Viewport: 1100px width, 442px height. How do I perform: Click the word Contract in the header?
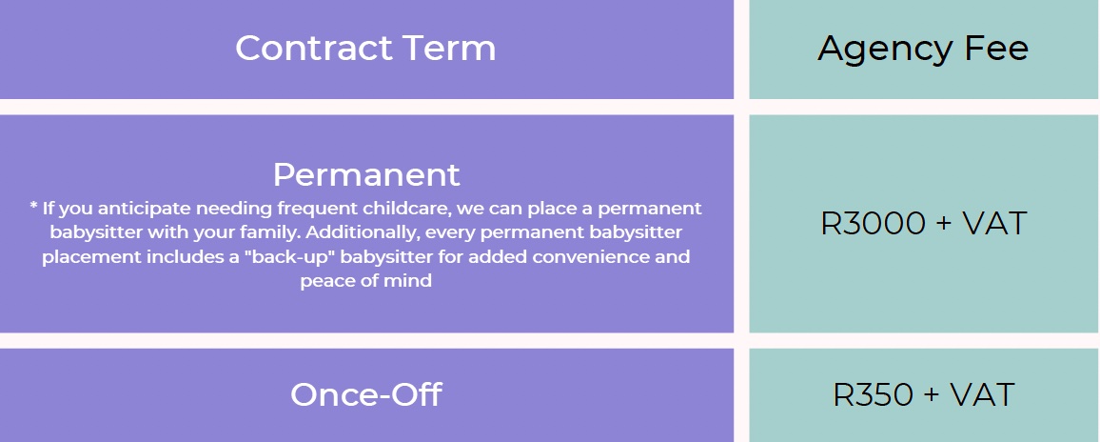314,48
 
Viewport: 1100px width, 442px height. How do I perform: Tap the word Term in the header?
450,48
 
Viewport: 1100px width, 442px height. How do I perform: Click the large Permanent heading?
366,174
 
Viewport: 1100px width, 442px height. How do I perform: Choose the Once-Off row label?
365,394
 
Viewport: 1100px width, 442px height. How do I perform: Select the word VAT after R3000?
994,224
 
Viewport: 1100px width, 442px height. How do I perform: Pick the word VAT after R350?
982,394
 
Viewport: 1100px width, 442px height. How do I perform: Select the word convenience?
591,257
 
